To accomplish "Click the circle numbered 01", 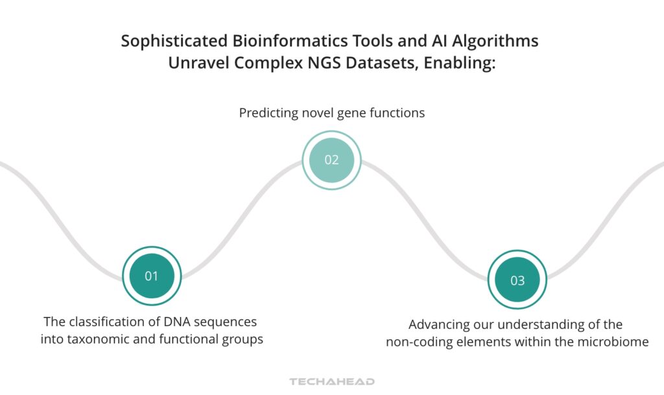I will pyautogui.click(x=152, y=276).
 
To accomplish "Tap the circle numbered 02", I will pyautogui.click(x=331, y=160).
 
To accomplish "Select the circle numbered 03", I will pyautogui.click(x=517, y=280).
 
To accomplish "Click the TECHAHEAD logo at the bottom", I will pyautogui.click(x=331, y=381).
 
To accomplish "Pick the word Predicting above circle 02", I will pyautogui.click(x=268, y=113).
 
